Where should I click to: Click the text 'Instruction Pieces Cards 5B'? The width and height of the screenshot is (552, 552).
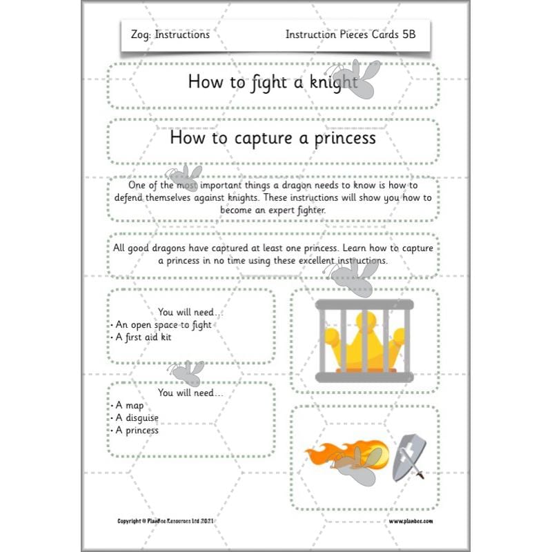pos(350,34)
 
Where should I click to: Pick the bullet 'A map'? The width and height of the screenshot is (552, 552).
pos(129,406)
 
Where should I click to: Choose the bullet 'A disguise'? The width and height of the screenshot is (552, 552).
pos(137,418)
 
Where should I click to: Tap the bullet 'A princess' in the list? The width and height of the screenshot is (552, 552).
pos(137,431)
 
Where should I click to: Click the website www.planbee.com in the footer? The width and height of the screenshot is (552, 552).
pos(409,521)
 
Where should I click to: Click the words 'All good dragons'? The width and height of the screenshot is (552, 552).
pos(150,248)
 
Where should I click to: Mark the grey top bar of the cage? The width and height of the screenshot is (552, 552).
pos(364,306)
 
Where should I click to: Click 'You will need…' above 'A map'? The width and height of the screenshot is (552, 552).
pos(190,393)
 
